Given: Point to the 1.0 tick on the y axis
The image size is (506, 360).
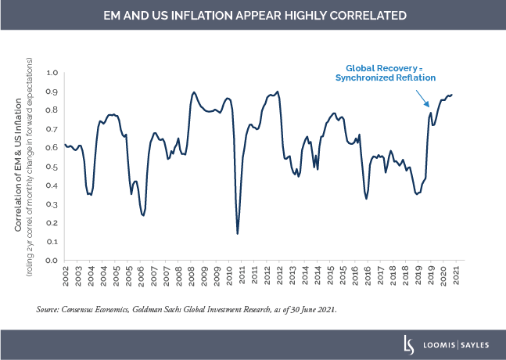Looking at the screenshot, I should pyautogui.click(x=53, y=73).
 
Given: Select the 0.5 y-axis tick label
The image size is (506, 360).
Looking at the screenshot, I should pyautogui.click(x=53, y=167).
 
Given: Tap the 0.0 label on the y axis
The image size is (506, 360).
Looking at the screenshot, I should pyautogui.click(x=53, y=261).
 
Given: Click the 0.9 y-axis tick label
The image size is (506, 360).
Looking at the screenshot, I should pyautogui.click(x=53, y=92).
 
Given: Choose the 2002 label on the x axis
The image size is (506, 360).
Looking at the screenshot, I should pyautogui.click(x=68, y=275).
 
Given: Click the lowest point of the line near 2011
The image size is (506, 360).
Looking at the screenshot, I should pyautogui.click(x=237, y=233).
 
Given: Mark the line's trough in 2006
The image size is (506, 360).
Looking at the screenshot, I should pyautogui.click(x=143, y=215).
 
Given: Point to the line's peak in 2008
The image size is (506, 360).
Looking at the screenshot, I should pyautogui.click(x=193, y=92).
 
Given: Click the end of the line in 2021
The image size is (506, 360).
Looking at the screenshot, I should pyautogui.click(x=452, y=95).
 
